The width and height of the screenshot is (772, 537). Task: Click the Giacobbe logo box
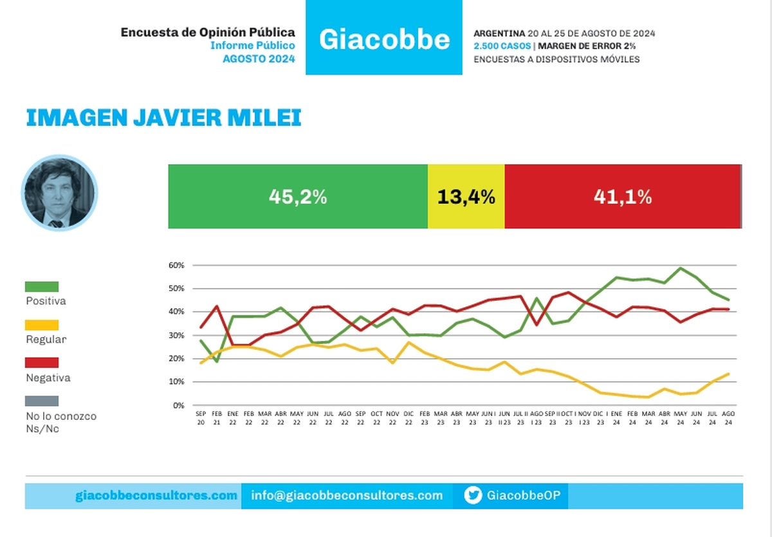coord(384,39)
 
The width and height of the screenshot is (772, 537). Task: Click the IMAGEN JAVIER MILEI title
coord(163,118)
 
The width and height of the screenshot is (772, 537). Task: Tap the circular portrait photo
coord(59,193)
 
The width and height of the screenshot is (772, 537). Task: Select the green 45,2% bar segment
coord(298,197)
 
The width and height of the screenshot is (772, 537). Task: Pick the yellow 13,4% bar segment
coord(466,197)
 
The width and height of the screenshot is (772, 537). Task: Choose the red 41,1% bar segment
coord(622,197)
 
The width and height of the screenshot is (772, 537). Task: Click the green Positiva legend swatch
coord(42,287)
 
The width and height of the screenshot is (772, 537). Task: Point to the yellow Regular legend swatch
coord(42,325)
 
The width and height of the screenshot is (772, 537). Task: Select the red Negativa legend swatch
coord(42,363)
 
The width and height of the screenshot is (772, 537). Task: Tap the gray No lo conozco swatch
coord(42,401)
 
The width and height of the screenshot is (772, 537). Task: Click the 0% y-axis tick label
coord(179,405)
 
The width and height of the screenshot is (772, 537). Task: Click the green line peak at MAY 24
coord(681,268)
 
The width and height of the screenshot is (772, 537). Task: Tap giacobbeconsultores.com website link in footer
coord(156,495)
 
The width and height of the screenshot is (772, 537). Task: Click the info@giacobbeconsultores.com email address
coord(347,495)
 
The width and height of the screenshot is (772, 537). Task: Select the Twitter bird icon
coord(473,495)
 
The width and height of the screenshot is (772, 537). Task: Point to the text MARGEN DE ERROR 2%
coord(581,46)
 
